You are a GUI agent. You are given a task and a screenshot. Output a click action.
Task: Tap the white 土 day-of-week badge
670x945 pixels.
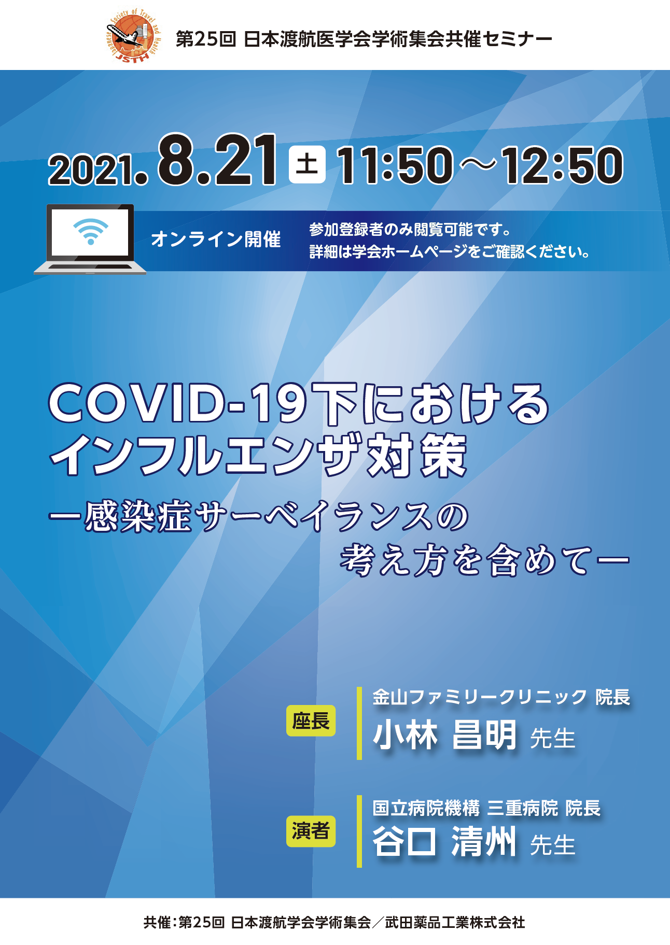click(307, 165)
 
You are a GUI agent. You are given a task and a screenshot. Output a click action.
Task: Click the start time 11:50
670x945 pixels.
click(395, 165)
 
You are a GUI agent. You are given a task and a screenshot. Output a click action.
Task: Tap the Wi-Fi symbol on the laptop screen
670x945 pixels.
click(91, 231)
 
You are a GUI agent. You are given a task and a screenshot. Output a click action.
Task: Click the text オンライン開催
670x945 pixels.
click(216, 239)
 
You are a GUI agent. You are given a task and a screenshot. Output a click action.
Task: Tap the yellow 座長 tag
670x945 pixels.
click(311, 721)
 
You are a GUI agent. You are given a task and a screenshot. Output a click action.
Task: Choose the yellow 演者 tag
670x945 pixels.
click(311, 831)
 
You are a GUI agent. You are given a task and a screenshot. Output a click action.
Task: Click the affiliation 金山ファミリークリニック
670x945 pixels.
click(480, 697)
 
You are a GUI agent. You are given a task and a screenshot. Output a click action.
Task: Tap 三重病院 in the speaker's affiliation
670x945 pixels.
click(522, 808)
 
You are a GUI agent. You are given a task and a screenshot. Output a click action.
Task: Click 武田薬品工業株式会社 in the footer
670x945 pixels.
click(455, 922)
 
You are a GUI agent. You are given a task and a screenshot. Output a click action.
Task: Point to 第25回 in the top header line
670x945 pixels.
click(206, 39)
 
